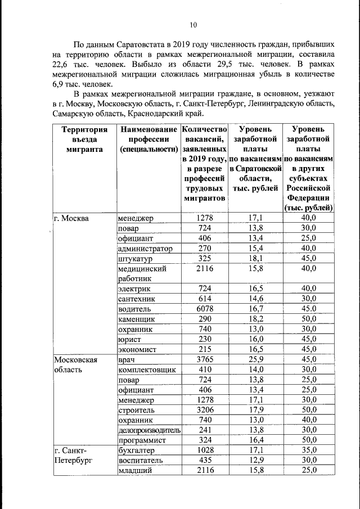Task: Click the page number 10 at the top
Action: (x=193, y=25)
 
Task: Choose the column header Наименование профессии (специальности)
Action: (x=148, y=139)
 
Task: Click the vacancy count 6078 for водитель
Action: (x=205, y=309)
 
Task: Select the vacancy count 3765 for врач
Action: (x=205, y=359)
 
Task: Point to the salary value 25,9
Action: (x=256, y=359)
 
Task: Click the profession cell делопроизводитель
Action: (x=149, y=430)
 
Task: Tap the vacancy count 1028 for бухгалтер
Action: (x=205, y=450)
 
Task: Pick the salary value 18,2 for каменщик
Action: (x=256, y=319)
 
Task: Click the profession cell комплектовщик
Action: (x=147, y=370)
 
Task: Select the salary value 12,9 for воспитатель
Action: (x=256, y=460)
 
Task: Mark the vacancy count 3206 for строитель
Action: (x=205, y=410)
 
